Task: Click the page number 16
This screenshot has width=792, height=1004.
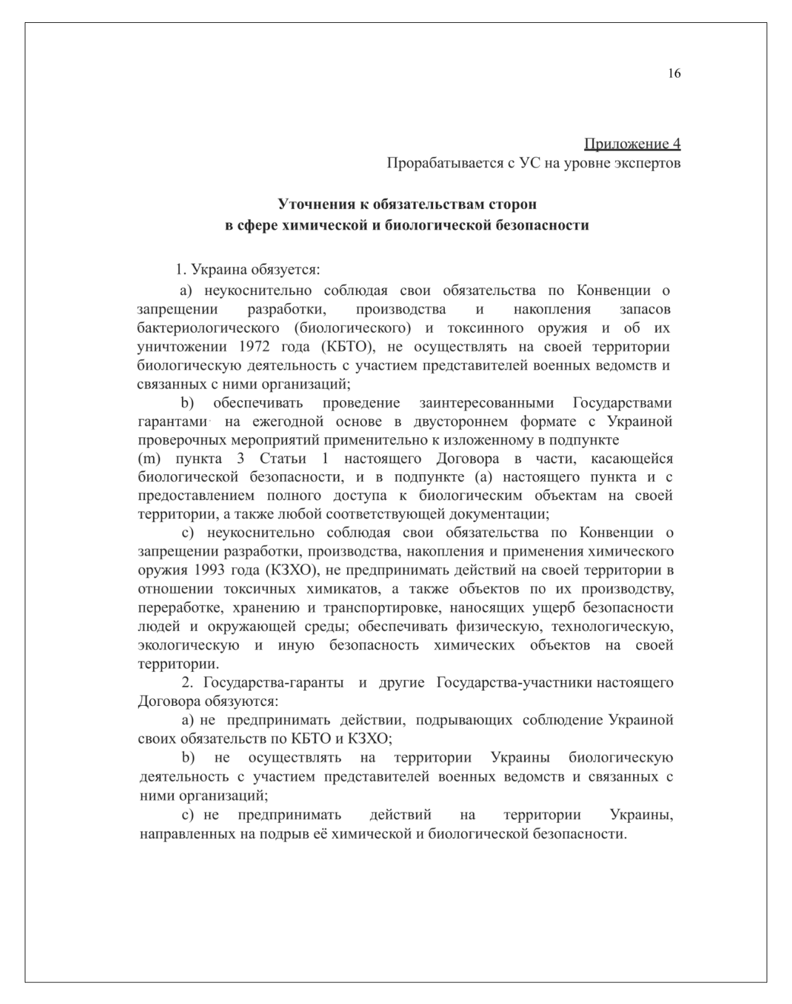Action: [x=674, y=74]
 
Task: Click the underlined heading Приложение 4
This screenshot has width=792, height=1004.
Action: [x=632, y=144]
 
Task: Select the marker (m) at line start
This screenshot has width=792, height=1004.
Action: [x=148, y=458]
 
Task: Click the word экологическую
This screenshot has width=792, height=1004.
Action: [x=189, y=645]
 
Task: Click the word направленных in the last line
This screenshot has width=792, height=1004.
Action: [x=187, y=834]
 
